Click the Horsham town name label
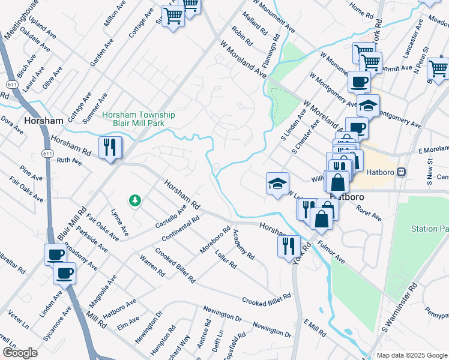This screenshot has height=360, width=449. point(44,121)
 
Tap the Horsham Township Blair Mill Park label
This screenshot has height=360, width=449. point(139,119)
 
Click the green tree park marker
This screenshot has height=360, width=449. point(136,200)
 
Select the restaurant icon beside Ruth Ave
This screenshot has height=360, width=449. point(110,148)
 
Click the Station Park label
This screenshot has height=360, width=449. point(430,229)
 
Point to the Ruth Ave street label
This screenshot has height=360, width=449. point(68,161)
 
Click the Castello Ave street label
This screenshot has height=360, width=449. point(171,215)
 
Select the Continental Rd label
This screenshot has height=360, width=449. point(180,229)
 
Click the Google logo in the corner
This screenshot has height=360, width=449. point(20,353)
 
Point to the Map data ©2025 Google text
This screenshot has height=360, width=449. point(412,355)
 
